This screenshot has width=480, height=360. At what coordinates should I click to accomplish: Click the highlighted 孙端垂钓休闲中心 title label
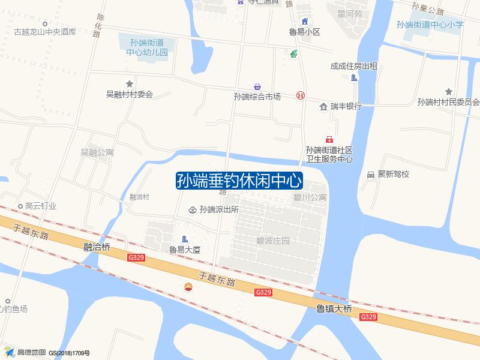coord(239,181)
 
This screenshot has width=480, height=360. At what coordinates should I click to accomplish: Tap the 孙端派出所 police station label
coord(219,209)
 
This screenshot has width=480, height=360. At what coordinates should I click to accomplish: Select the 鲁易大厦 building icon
coord(185,239)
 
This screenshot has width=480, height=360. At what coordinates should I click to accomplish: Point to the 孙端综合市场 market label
coord(257,96)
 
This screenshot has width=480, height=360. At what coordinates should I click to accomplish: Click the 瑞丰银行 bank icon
coord(324,106)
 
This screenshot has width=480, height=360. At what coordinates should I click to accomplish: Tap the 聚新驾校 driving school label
coord(393,174)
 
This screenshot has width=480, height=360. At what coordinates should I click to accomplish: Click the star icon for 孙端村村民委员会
coord(448,91)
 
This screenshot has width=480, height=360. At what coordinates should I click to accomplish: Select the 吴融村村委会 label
coord(130,94)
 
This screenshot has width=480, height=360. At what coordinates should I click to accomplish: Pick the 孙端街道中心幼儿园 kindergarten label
coord(147,47)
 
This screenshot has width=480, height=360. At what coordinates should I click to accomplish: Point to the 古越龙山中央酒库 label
coord(45,32)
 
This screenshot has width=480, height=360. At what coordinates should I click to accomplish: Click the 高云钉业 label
coord(41,206)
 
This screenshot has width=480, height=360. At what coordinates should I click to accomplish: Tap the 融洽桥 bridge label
coord(97,247)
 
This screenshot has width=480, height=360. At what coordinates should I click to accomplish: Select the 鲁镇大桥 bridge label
coord(334,309)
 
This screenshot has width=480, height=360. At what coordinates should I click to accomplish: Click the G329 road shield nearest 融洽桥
coord(136,257)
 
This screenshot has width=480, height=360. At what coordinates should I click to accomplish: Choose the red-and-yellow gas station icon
coord(189,286)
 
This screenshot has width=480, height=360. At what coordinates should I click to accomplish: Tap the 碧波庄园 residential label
coord(273,241)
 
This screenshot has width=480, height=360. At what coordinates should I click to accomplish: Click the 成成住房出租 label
coord(353,67)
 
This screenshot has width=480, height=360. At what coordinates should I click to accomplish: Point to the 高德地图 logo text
coord(31,352)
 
